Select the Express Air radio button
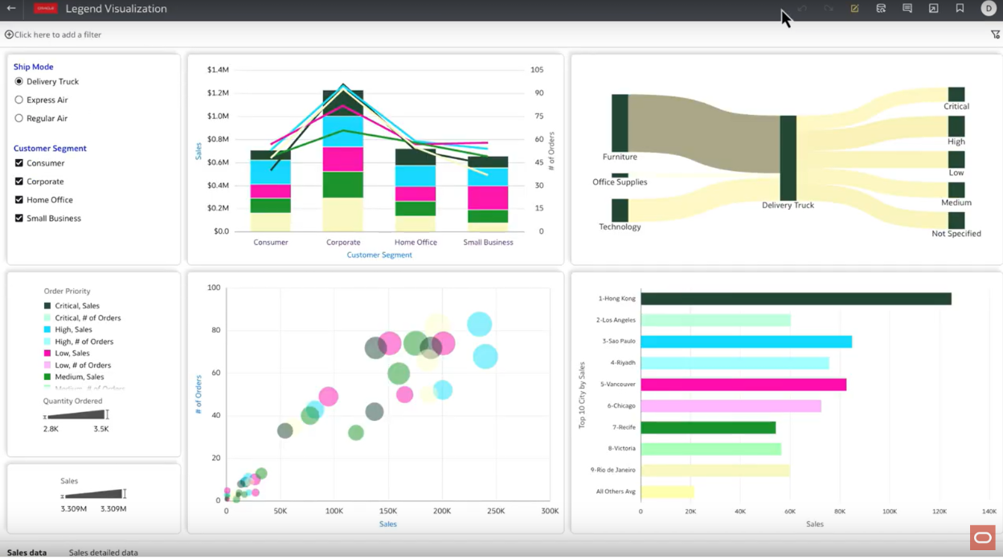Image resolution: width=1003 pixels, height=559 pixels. coord(19,100)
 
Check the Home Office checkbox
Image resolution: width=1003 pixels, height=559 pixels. coord(19,200)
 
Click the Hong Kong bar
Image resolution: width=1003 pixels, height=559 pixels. coord(796,299)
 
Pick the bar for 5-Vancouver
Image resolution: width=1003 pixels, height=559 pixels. coord(743,385)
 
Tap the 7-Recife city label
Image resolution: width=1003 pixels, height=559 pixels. coord(624,427)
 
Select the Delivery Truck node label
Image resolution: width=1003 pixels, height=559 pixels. coord(788,206)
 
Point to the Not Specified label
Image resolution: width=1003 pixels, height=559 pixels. coord(956,234)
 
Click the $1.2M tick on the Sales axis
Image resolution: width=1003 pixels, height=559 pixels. coord(218,93)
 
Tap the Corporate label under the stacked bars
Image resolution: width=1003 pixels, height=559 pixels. coord(343,243)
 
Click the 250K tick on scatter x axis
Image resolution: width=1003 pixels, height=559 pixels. coord(496,511)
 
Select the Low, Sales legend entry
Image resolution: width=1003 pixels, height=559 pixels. coord(72,353)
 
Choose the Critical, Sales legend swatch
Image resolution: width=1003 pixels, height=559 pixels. coord(47,306)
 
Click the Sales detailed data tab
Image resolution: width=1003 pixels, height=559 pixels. coord(103,553)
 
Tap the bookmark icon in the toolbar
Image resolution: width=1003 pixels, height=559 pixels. coord(960,9)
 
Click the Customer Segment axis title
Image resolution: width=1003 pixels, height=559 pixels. coord(379,255)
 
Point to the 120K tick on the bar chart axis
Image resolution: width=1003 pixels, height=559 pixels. coord(939,511)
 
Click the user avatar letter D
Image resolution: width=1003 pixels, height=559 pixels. coord(989,9)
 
